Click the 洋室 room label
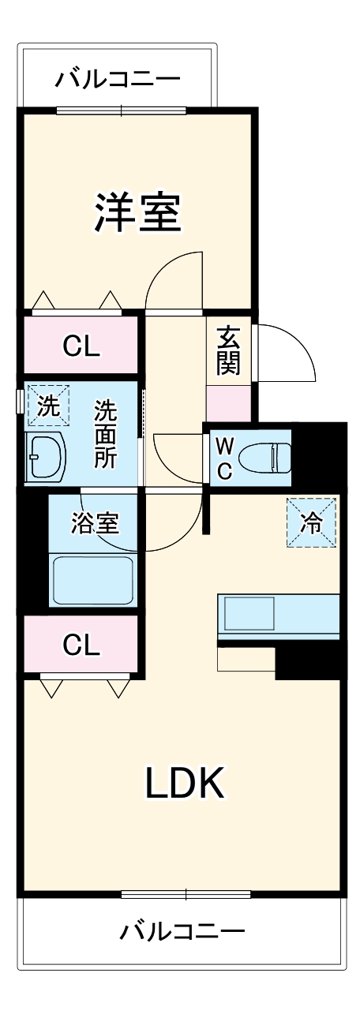click(138, 211)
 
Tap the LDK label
click(186, 783)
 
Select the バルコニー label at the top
click(118, 80)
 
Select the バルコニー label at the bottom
click(182, 931)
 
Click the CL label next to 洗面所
click(82, 346)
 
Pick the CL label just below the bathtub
click(82, 645)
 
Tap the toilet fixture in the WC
click(266, 456)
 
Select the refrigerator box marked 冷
click(312, 522)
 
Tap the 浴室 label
click(95, 523)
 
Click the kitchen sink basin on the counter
click(249, 612)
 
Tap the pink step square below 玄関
click(230, 403)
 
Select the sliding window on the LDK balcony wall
click(186, 893)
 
